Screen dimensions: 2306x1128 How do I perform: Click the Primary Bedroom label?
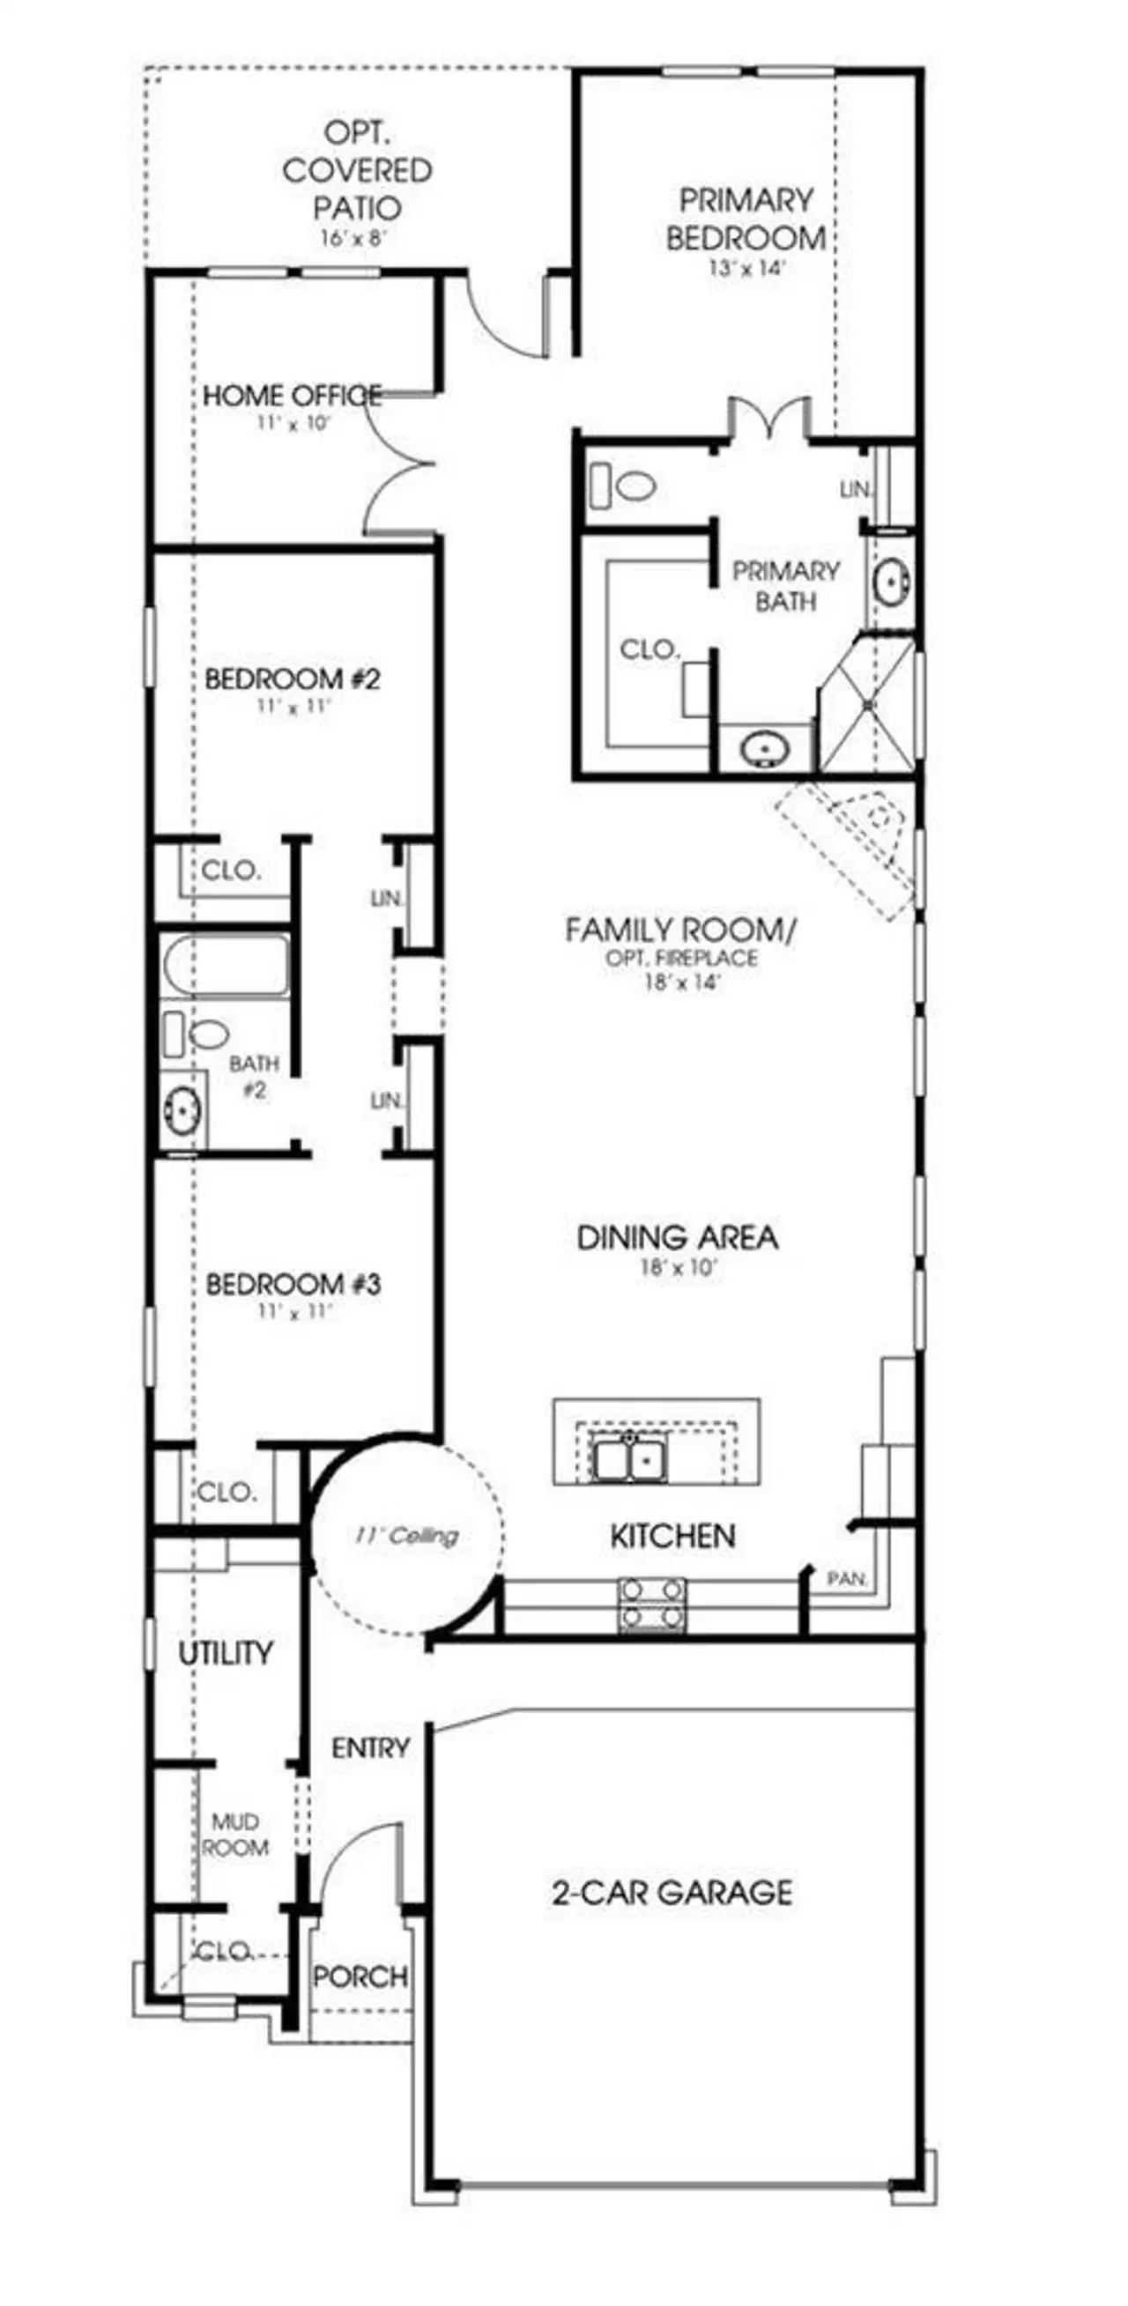pyautogui.click(x=746, y=219)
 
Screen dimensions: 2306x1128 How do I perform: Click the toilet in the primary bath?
pyautogui.click(x=624, y=486)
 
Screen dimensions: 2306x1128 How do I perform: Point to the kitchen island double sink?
pyautogui.click(x=629, y=1460)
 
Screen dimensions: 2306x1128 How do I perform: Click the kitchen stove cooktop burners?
pyautogui.click(x=653, y=1604)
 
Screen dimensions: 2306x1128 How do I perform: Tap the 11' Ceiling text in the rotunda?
pyautogui.click(x=406, y=1536)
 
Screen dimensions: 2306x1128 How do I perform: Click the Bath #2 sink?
pyautogui.click(x=182, y=1109)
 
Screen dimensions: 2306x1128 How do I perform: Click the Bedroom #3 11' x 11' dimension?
pyautogui.click(x=293, y=1311)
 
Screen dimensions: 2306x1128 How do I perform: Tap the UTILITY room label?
pyautogui.click(x=226, y=1653)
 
